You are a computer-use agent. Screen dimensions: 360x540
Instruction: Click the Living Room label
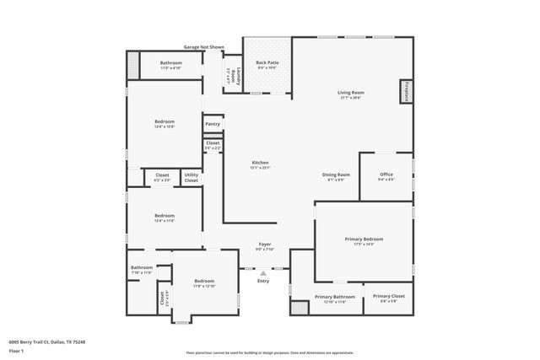coord(350,94)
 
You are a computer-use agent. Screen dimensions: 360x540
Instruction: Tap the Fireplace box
coord(406,91)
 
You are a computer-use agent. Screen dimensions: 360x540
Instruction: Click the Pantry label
coord(213,125)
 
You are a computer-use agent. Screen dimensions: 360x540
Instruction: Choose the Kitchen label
coord(260,164)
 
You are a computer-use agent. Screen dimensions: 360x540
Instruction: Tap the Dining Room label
coord(336,177)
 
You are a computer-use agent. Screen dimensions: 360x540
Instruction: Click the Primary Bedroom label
coord(364,241)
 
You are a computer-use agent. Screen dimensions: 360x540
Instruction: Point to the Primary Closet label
coord(389,298)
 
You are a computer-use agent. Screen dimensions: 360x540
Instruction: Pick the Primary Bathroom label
coord(335,298)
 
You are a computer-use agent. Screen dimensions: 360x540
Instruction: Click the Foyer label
coord(265,247)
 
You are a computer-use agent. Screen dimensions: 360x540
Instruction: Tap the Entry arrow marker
coord(263,273)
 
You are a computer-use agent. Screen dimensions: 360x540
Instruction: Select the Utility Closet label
coord(192,177)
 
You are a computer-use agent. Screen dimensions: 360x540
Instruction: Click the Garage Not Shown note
coord(203,47)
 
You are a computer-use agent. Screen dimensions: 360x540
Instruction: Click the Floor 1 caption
coord(16,350)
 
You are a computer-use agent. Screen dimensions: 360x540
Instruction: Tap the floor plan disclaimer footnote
coord(269,352)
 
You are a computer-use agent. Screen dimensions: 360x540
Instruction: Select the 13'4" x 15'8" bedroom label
coord(165,124)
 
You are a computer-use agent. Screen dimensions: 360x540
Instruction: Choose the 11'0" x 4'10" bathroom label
coord(171,65)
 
